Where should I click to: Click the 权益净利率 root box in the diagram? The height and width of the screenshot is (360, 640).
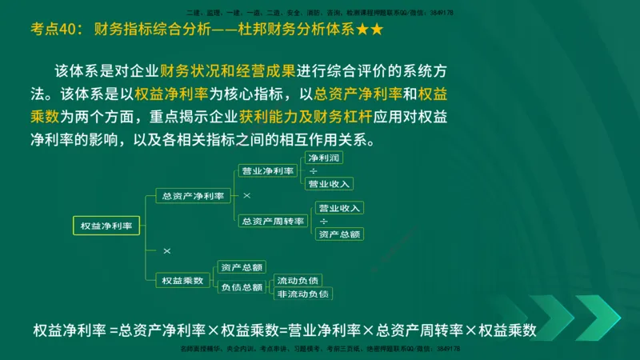[x=106, y=226]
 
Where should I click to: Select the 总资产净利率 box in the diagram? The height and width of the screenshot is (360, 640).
[x=192, y=195]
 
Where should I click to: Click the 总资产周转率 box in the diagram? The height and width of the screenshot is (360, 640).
[x=273, y=221]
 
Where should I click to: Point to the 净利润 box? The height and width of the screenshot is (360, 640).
[x=324, y=158]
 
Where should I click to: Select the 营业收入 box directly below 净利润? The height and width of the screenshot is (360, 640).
[x=329, y=184]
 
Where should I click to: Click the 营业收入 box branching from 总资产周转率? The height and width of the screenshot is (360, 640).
[x=339, y=208]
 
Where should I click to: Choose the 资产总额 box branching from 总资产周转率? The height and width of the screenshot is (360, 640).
[x=339, y=234]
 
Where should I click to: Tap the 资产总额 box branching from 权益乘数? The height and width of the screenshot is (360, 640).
[x=242, y=267]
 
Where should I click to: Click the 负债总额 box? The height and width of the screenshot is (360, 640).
[x=242, y=287]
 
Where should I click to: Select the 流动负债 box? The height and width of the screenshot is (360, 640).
[x=298, y=280]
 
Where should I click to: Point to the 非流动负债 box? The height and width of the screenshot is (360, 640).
[x=302, y=294]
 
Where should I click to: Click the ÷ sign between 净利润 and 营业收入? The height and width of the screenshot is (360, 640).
[x=313, y=171]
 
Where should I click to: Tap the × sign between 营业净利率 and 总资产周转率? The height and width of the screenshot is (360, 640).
[x=246, y=195]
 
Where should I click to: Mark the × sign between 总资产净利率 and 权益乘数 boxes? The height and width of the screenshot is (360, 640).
[x=166, y=251]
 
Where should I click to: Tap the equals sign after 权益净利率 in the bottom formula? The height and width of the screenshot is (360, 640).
[x=114, y=330]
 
